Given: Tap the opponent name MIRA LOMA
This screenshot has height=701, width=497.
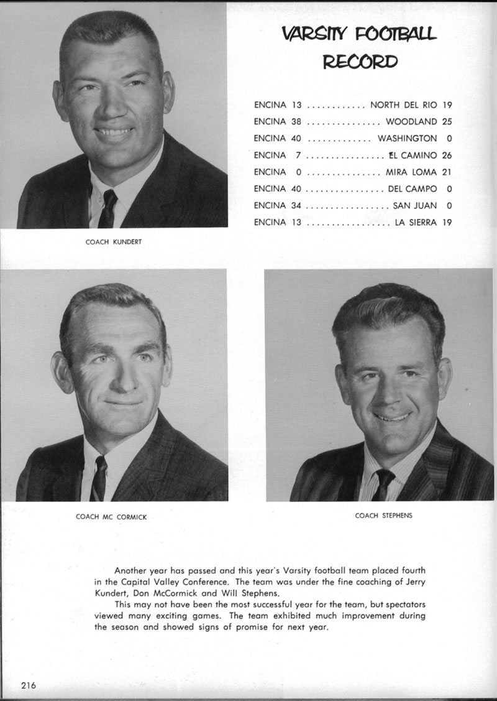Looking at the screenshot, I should tap(411, 172).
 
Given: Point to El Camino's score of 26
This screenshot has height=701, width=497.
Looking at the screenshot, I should tap(446, 155).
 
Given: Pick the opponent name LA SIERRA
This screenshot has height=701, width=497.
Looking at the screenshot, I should tap(416, 222).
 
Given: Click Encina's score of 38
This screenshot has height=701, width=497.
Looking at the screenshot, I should tap(296, 121).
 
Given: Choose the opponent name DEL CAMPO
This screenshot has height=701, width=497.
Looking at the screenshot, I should tap(412, 188).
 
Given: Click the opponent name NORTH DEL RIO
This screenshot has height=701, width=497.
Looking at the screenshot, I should tap(403, 104).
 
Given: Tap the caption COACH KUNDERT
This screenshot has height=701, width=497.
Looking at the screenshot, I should tap(113, 242).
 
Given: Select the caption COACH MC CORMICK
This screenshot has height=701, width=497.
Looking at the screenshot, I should tap(111, 517).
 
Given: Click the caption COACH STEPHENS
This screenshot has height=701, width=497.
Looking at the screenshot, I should tap(383, 515).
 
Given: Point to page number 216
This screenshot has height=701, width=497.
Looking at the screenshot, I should tap(28, 685).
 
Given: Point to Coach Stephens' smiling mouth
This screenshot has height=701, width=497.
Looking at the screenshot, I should tap(393, 417).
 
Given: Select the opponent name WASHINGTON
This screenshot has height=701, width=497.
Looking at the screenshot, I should tap(407, 138).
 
